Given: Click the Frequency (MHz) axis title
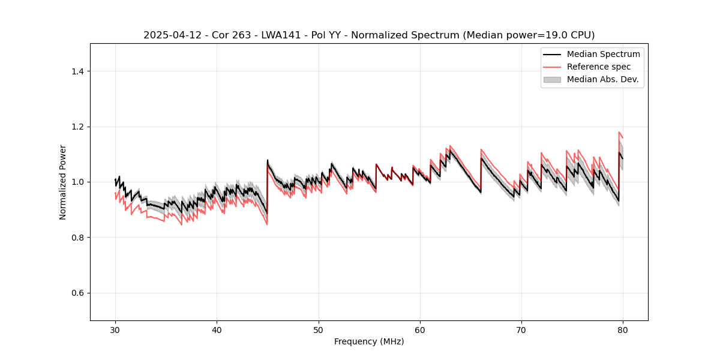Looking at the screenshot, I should (369, 341).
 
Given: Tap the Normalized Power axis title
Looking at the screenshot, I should (63, 182).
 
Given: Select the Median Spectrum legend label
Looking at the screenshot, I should (603, 54).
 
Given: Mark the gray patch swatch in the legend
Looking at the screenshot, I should (552, 79).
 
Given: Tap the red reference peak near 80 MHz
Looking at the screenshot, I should (619, 132).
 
